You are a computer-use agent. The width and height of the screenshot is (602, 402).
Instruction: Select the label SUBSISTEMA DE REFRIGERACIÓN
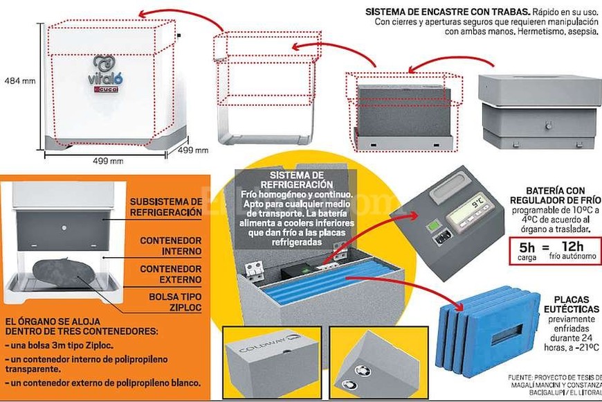click(167, 207)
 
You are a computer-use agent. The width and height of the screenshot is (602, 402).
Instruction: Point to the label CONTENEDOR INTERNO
click(171, 245)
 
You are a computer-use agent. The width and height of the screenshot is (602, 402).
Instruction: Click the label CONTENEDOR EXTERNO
click(171, 273)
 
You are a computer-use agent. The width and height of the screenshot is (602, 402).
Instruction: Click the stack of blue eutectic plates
click(491, 329)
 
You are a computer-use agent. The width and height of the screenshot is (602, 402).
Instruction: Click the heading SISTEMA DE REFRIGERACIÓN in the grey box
click(297, 179)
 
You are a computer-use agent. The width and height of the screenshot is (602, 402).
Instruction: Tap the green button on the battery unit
click(433, 227)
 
